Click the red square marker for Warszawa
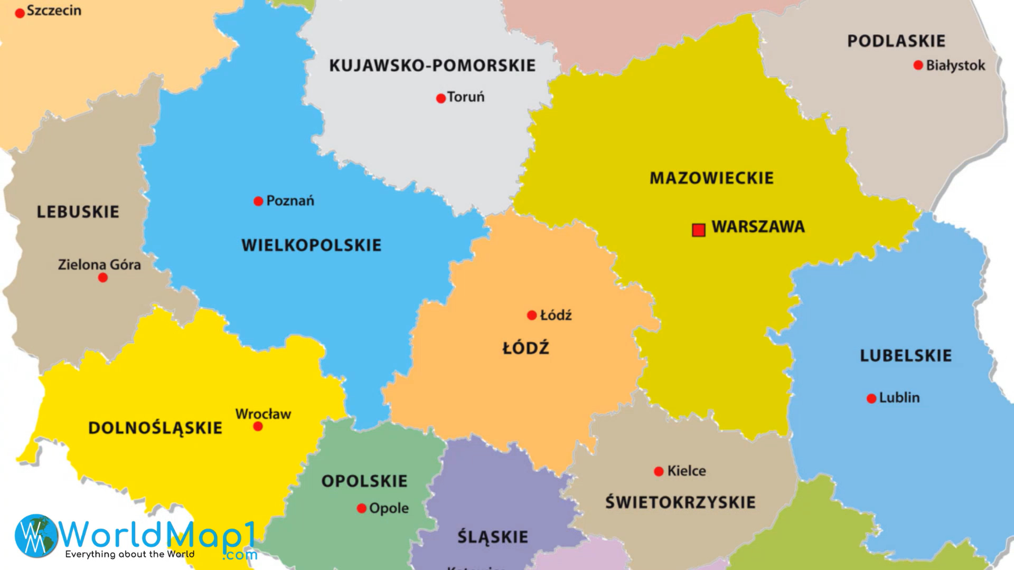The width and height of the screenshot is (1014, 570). [698, 230]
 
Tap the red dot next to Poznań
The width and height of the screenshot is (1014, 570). [258, 201]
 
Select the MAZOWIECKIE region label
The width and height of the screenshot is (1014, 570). [711, 178]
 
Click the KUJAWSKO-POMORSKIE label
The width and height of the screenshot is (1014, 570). [432, 65]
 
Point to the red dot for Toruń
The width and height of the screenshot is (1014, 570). [440, 98]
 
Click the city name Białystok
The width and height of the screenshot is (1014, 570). [955, 65]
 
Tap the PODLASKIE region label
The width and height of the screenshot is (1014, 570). [896, 41]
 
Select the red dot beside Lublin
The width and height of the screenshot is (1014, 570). [871, 398]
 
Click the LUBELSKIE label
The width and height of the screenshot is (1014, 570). [906, 356]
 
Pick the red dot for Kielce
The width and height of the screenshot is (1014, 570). [659, 471]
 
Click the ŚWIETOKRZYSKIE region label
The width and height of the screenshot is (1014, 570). [680, 502]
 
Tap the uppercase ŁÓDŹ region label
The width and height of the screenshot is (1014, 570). [525, 348]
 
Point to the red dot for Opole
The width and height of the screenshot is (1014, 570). [361, 508]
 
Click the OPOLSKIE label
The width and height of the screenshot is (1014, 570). [364, 481]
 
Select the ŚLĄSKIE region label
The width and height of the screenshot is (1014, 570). [492, 537]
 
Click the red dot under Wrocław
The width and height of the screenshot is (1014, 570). [258, 426]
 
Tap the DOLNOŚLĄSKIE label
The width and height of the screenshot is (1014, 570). [155, 428]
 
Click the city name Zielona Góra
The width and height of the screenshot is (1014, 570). [99, 264]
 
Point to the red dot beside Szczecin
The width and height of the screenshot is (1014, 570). [20, 13]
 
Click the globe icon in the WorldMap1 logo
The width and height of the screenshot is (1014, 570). [36, 536]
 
